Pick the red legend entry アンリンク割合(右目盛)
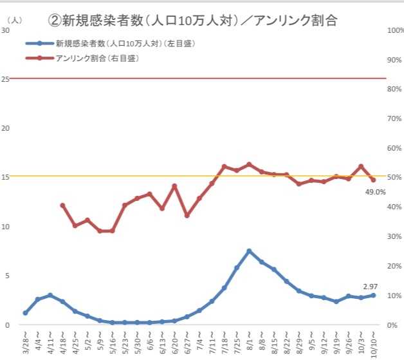[x=97, y=58]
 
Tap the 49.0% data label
[x=375, y=191]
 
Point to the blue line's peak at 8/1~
[x=249, y=251]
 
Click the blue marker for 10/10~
[x=373, y=295]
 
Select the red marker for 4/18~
[x=62, y=205]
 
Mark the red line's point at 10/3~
[x=361, y=166]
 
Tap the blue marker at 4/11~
[x=50, y=295]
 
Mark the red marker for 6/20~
[x=174, y=186]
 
